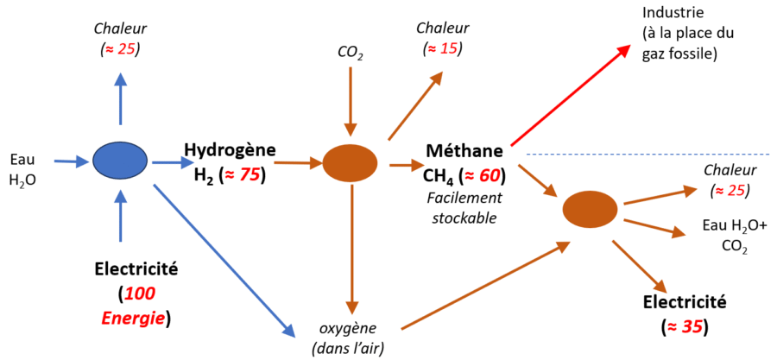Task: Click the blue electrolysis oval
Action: (121, 161)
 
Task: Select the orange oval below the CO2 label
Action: (350, 161)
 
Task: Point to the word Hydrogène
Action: (229, 150)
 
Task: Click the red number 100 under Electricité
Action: (141, 294)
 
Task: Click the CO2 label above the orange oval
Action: (350, 54)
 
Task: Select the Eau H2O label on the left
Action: (22, 169)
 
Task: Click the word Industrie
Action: (673, 14)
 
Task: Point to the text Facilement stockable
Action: (462, 207)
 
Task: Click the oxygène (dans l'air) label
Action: (350, 338)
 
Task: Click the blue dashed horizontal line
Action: (647, 155)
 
